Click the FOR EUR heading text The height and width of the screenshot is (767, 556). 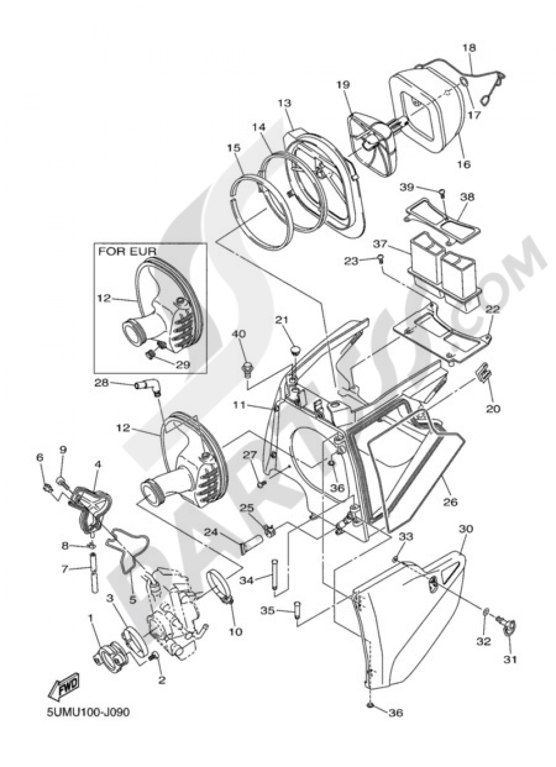(x=127, y=252)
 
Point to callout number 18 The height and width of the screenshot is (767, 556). (x=470, y=48)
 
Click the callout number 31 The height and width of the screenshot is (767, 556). (x=510, y=670)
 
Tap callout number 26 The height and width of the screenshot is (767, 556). (x=450, y=502)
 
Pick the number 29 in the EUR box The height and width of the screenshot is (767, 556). (x=182, y=365)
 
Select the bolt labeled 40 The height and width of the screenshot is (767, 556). (x=246, y=370)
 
